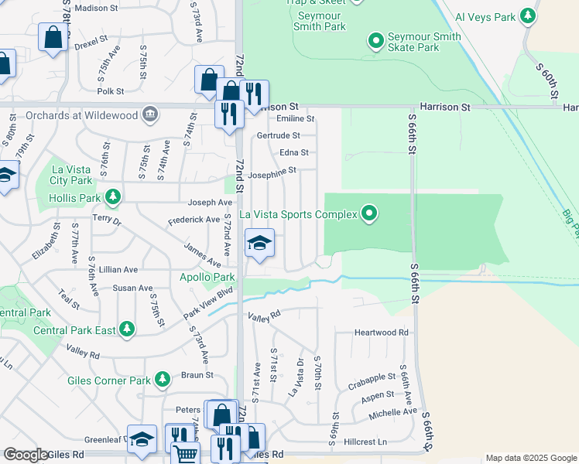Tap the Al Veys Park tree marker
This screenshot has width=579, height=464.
pyautogui.click(x=528, y=15)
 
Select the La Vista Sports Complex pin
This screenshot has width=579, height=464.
pyautogui.click(x=369, y=213)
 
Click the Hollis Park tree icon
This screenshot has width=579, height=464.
pyautogui.click(x=113, y=197)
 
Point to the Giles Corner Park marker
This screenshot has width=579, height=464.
pyautogui.click(x=162, y=379)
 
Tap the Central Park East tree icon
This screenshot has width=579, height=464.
pyautogui.click(x=127, y=330)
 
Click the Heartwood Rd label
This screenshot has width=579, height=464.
pyautogui.click(x=381, y=333)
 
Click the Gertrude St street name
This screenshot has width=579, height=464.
pyautogui.click(x=278, y=135)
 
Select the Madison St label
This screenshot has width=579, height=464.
pyautogui.click(x=97, y=8)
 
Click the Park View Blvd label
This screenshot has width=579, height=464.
pyautogui.click(x=208, y=302)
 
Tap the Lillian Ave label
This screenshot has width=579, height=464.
pyautogui.click(x=119, y=270)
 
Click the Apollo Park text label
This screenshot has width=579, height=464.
pyautogui.click(x=207, y=277)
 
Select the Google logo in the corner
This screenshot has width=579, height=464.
pyautogui.click(x=26, y=455)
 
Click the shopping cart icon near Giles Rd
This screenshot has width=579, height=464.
pyautogui.click(x=185, y=454)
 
